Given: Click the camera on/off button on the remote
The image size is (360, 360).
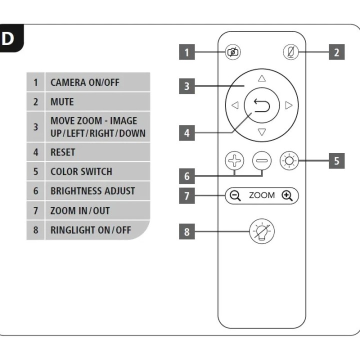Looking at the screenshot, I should pos(233,52).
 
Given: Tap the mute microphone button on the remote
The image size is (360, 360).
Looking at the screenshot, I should pos(289,52).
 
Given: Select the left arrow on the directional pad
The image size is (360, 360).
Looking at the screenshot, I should pos(235,105).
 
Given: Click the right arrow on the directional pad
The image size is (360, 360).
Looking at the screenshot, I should pos(288,105).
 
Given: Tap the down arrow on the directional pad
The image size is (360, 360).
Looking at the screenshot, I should pos(261,132).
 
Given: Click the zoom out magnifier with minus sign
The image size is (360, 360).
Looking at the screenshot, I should pos(235,195).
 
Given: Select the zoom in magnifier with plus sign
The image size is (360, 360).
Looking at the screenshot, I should pos(287,195).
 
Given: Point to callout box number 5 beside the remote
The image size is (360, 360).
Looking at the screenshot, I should pos(336,161).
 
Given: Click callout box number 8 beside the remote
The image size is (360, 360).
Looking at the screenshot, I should pos(186,231).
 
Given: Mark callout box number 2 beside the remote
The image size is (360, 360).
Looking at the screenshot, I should pos(336,52).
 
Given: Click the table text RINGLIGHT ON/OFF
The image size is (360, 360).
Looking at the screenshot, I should pos(90,230).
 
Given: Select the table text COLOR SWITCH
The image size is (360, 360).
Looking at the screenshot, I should pos(81,171).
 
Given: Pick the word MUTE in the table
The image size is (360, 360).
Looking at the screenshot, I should pos(62,102).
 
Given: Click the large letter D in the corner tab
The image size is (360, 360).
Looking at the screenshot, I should pos(8,39).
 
